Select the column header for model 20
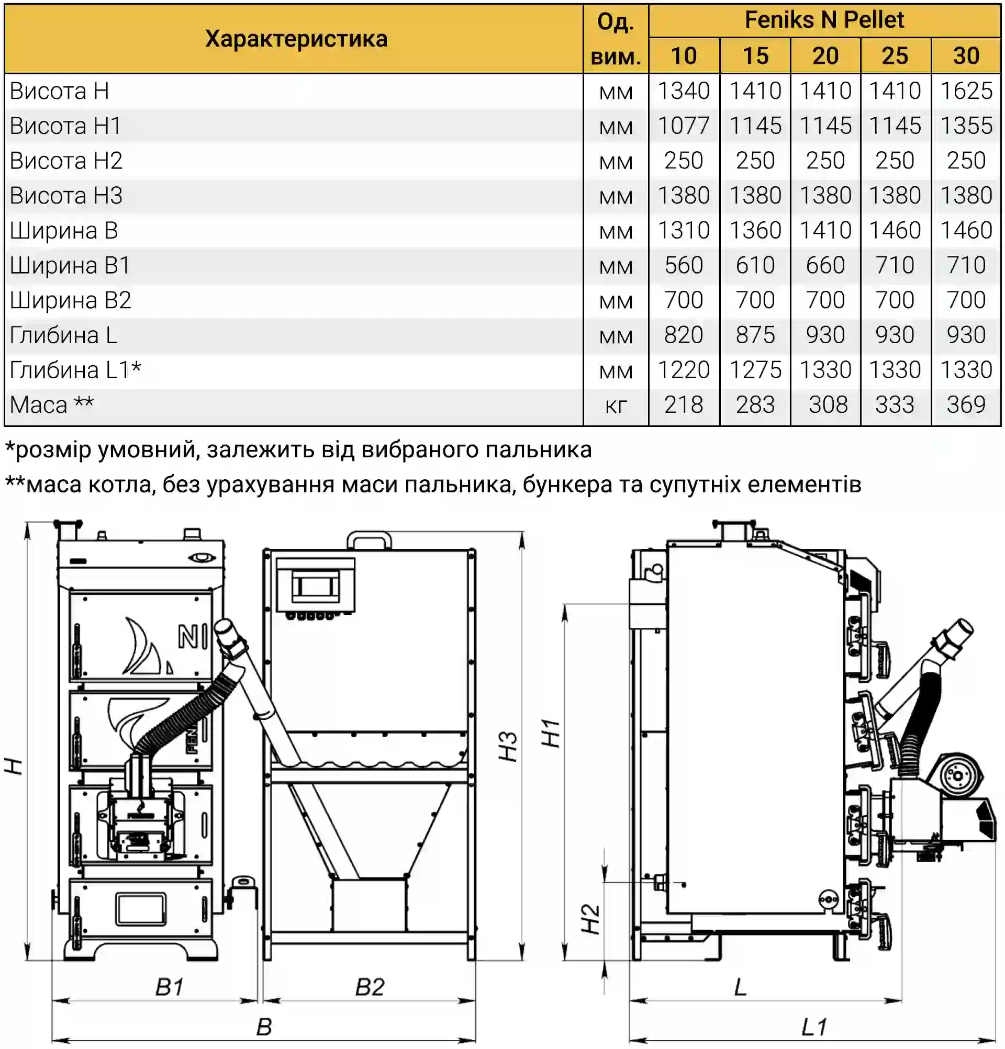click(825, 55)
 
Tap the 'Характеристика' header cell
click(296, 39)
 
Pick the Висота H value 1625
click(966, 91)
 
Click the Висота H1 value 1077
click(683, 126)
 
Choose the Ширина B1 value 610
click(754, 265)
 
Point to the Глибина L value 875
click(754, 335)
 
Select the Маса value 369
click(966, 404)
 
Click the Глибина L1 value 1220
click(683, 370)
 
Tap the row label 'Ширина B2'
click(71, 300)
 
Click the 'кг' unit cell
click(616, 405)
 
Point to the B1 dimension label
click(169, 987)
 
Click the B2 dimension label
click(370, 987)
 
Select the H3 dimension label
click(508, 746)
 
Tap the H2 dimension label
click(590, 919)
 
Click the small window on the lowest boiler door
click(140, 909)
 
